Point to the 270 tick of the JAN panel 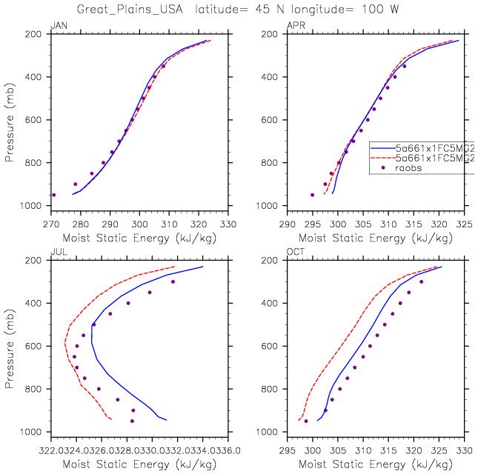(50, 222)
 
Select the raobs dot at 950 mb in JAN (53, 195)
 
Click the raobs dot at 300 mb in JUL (173, 281)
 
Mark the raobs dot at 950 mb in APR (312, 195)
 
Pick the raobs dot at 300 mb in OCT (422, 281)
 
